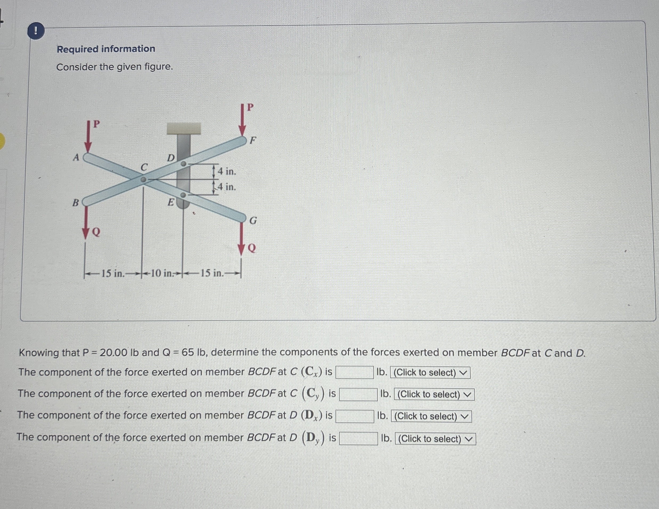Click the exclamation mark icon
(36, 31)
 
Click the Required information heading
(106, 49)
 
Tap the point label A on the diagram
(76, 157)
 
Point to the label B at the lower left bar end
(75, 202)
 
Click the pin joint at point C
(144, 180)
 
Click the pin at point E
(183, 195)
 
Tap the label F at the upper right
(253, 140)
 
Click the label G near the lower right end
(253, 221)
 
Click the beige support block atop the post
(184, 128)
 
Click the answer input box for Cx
(355, 372)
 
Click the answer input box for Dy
(358, 439)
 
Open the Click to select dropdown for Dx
(431, 416)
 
